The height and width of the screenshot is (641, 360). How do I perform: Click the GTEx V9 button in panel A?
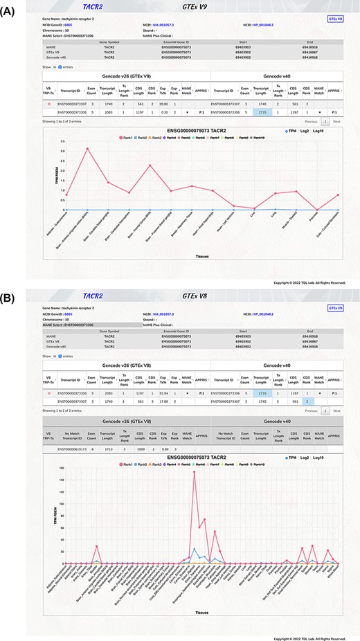(x=334, y=20)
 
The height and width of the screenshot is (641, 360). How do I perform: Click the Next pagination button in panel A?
(x=336, y=121)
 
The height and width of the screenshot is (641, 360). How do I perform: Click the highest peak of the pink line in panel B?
(x=194, y=472)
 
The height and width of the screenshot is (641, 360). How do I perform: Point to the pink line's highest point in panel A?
(x=87, y=149)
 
